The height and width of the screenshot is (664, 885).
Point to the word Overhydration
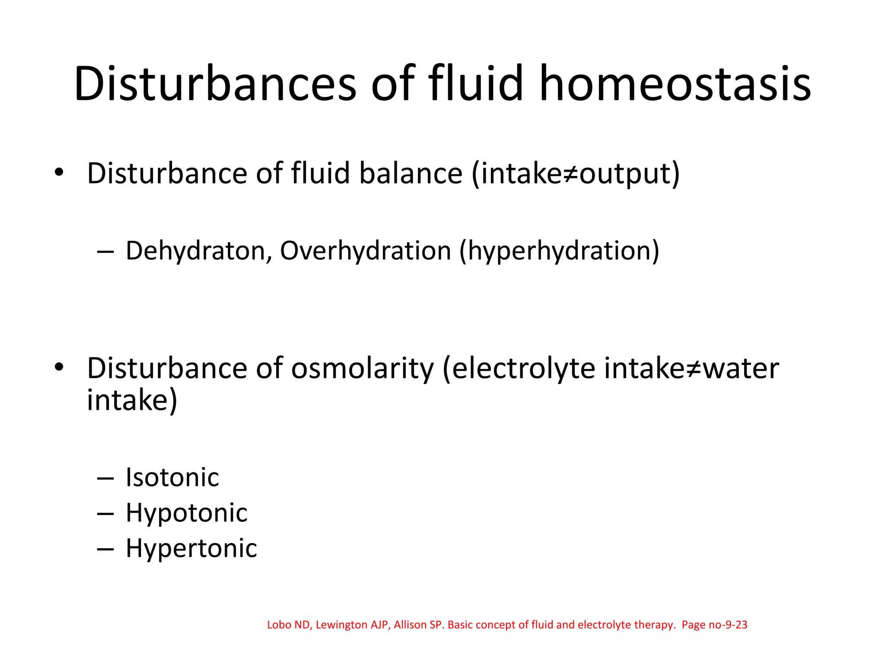coord(366,251)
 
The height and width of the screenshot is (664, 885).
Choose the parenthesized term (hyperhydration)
coord(559,251)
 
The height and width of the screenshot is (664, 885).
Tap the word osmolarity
coord(362,368)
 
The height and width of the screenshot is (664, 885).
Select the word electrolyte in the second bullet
coord(523,368)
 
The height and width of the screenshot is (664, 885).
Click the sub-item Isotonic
coord(172,478)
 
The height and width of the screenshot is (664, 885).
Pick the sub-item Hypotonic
coord(187,513)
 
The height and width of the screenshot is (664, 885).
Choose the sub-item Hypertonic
coord(191,549)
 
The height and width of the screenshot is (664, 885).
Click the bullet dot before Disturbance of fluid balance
coord(59,173)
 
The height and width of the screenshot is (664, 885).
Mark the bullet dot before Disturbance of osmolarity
coord(59,368)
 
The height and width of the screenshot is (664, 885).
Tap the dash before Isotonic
coord(105,479)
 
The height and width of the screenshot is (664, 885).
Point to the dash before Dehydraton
coord(105,252)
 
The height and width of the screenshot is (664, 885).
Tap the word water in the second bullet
coord(741,368)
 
